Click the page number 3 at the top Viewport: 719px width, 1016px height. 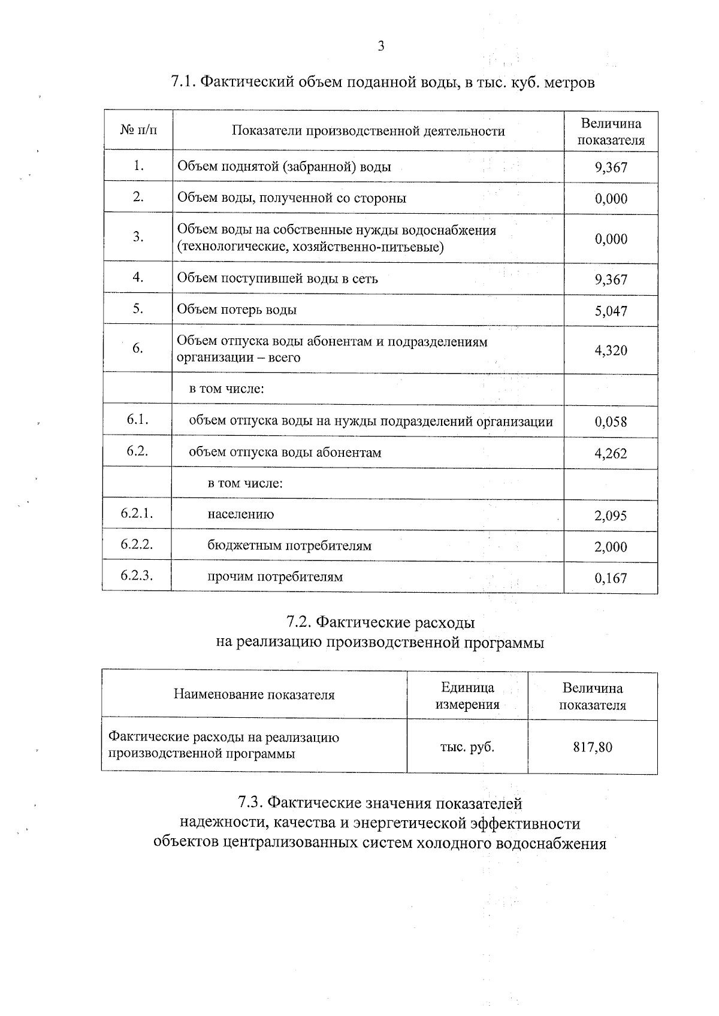coord(380,47)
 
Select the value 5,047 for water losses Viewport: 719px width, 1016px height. coord(611,311)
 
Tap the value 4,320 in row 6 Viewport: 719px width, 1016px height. coord(611,350)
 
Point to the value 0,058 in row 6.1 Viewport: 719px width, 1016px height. coord(611,422)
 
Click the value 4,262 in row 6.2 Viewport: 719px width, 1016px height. coord(611,454)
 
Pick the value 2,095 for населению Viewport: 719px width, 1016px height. coord(611,515)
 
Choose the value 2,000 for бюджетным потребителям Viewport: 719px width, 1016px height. coord(611,547)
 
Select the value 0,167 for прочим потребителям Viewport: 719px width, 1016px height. coord(611,578)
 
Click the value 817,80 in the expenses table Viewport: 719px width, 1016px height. coord(593,747)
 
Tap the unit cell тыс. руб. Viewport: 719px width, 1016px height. coord(467,747)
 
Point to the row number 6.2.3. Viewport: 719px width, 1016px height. coord(137,576)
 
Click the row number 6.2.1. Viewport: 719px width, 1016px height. coord(137,514)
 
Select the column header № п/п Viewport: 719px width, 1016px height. coord(138,131)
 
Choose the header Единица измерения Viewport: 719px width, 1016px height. coord(467,696)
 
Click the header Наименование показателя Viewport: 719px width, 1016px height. coord(254,694)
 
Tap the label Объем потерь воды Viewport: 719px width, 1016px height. coord(237,310)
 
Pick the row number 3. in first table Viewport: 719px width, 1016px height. coord(138,236)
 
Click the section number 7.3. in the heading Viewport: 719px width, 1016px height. coord(250,802)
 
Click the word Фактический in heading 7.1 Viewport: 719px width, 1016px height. coord(246,82)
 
